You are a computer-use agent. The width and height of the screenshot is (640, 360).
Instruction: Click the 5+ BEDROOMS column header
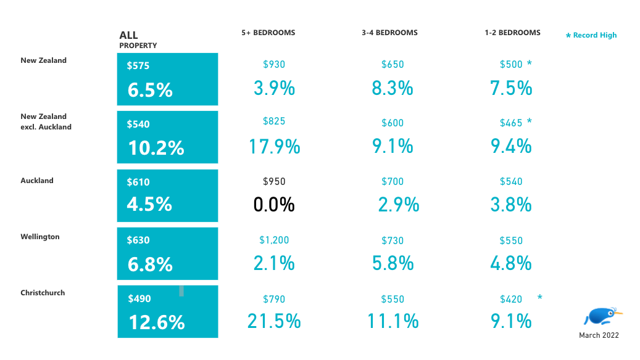coord(268,33)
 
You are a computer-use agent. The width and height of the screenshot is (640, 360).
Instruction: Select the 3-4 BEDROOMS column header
coord(389,33)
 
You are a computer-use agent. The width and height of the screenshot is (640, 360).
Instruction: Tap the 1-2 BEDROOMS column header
coord(512,33)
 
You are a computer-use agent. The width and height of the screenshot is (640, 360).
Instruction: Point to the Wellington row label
coord(40,237)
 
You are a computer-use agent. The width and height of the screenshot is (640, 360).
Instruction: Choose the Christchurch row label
coord(43,293)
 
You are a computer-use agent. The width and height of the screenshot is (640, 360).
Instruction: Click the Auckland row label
coord(37,181)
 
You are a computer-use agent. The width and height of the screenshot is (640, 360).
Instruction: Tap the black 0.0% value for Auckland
coord(274,205)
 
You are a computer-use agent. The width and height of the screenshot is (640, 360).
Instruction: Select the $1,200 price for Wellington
coord(274,240)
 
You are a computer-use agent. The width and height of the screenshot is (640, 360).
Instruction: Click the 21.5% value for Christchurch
coord(274,321)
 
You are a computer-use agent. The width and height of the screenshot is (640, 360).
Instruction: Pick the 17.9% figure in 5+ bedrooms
coord(274,147)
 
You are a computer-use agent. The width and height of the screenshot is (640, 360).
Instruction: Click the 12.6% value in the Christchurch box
coord(157,322)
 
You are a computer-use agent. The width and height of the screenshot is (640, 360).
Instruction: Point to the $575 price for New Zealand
coord(138,66)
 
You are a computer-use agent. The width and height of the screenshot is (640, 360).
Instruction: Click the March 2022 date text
coord(599,335)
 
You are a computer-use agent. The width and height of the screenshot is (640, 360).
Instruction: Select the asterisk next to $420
coord(540,298)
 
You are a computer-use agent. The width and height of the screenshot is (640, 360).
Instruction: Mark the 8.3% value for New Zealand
coord(393,88)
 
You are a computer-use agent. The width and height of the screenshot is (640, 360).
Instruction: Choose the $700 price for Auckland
coord(393,182)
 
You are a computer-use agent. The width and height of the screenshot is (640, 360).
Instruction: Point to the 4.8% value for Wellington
coord(511,263)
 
